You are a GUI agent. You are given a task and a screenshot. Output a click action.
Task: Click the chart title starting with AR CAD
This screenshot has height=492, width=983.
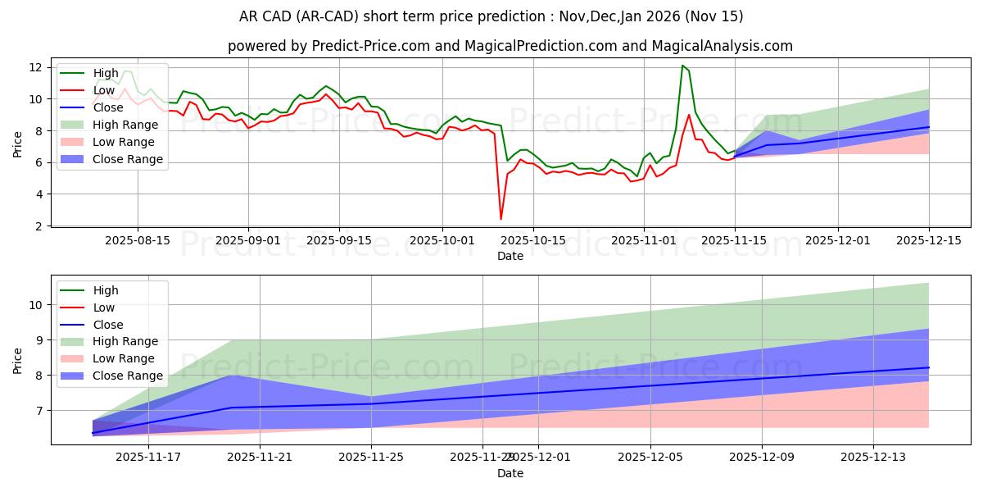click(491, 16)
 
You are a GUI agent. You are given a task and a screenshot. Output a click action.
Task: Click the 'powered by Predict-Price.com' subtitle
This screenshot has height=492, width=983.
click(510, 46)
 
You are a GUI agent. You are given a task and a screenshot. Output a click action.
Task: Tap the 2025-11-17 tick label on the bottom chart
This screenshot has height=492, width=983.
click(148, 457)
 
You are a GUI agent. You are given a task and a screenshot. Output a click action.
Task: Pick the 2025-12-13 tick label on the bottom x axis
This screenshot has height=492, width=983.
click(873, 457)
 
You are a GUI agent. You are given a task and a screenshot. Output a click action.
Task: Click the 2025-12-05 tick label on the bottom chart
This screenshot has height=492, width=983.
click(650, 457)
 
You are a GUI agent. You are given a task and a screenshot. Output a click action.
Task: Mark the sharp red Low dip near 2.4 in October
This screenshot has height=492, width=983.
click(501, 218)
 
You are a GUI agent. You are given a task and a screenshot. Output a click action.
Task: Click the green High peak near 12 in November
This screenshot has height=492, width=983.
click(682, 66)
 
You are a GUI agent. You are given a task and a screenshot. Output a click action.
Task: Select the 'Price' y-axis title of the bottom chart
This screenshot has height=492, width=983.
click(18, 359)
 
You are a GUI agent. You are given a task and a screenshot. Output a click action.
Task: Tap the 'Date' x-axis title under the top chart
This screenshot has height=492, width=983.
click(510, 256)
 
